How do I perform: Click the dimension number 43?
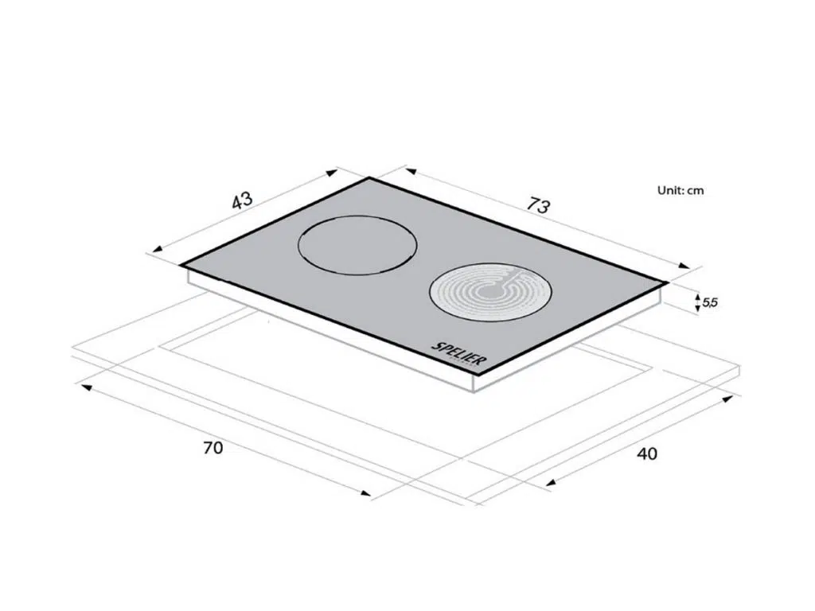(242, 200)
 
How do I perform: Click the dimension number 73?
(537, 204)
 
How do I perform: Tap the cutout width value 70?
(213, 447)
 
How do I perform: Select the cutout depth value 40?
(647, 453)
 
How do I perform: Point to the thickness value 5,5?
(710, 302)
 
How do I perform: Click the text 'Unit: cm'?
(680, 190)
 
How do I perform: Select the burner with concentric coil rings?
(490, 293)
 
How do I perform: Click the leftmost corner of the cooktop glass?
(181, 265)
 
